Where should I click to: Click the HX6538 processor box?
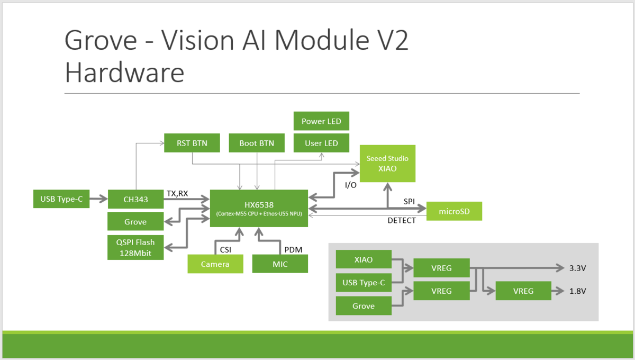(x=259, y=208)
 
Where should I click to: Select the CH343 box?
(x=135, y=199)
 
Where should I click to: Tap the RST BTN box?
(x=192, y=143)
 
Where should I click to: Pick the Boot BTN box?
(x=257, y=143)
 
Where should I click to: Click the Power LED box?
(x=321, y=121)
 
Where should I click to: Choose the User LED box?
(x=321, y=143)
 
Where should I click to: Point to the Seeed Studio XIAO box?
(x=387, y=164)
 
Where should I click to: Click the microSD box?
(x=454, y=211)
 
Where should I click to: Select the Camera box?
(x=215, y=264)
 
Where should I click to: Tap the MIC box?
(x=280, y=264)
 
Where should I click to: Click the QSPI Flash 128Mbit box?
(x=135, y=247)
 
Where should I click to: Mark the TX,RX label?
(x=177, y=193)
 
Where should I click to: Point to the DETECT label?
(x=402, y=220)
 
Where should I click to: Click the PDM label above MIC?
(x=293, y=250)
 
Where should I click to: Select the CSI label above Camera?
(x=225, y=250)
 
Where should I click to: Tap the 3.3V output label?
(x=577, y=268)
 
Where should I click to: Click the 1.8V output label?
(x=577, y=291)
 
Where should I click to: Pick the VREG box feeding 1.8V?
(x=523, y=291)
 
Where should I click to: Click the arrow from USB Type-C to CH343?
(x=98, y=199)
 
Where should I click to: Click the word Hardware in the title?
(x=124, y=73)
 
